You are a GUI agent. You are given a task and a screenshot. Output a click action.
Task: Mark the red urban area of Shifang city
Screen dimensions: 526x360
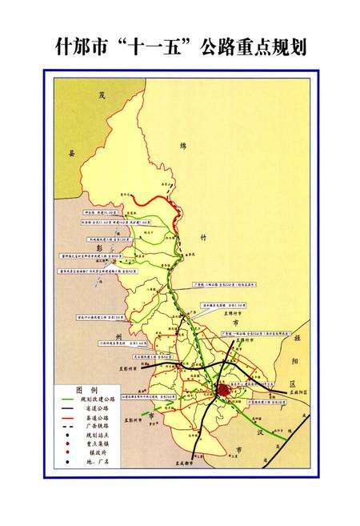point(222,389)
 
